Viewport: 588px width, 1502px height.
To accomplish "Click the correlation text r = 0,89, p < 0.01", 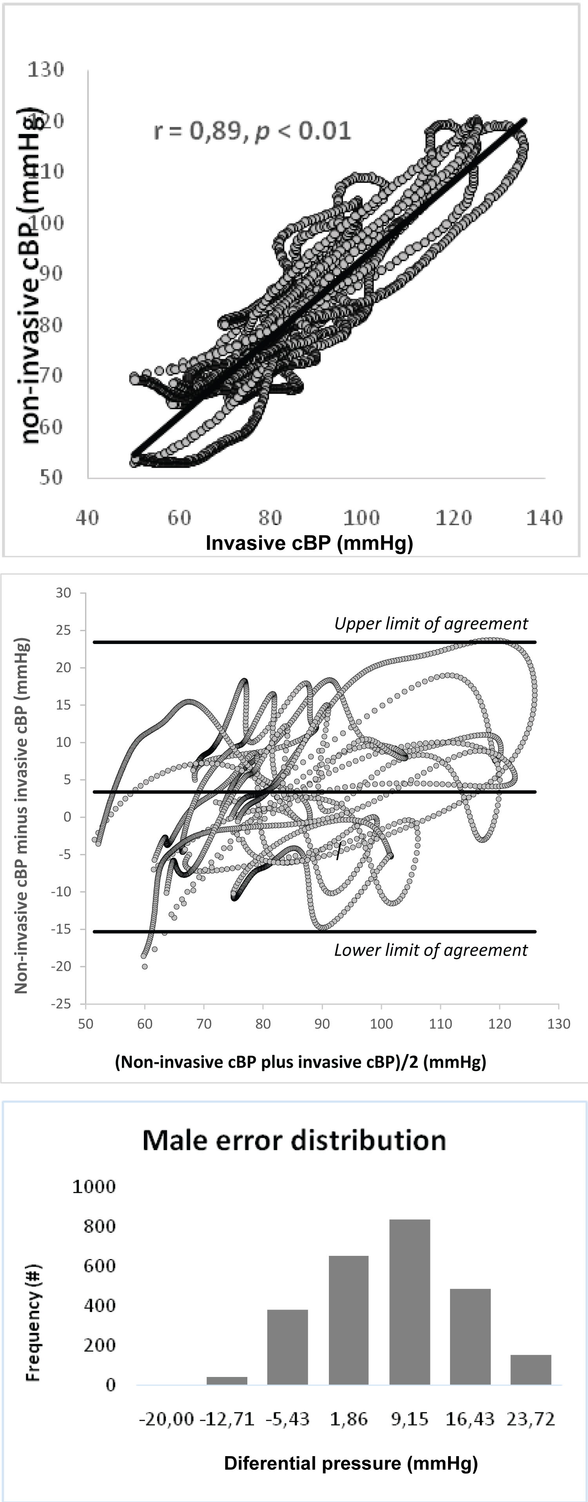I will (x=252, y=131).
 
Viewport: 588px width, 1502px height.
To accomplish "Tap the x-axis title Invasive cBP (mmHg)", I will (x=309, y=543).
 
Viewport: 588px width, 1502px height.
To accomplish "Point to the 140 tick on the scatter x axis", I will (x=544, y=517).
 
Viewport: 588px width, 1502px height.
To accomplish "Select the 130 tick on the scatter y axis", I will (x=45, y=69).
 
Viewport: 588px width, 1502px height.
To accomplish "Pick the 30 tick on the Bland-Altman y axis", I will (x=64, y=593).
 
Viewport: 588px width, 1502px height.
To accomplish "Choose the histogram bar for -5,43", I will (x=288, y=1347).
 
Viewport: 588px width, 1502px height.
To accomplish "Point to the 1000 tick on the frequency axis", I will (x=94, y=1186).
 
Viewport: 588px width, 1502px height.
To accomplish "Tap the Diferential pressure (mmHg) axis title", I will (x=350, y=1464).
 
